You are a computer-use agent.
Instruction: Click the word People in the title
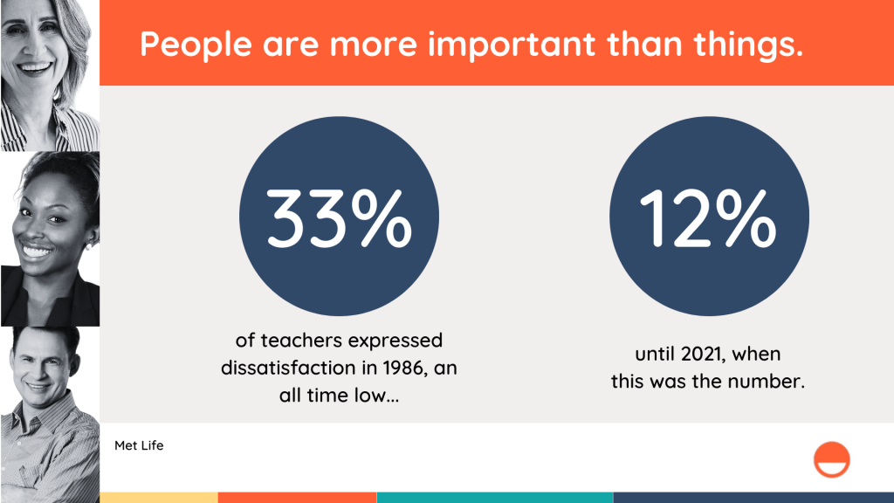pyautogui.click(x=196, y=45)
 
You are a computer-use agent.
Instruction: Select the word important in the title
pyautogui.click(x=512, y=44)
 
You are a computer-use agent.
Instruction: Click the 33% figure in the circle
pyautogui.click(x=339, y=218)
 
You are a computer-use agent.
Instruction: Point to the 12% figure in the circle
pyautogui.click(x=707, y=218)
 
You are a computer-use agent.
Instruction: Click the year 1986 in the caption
pyautogui.click(x=402, y=368)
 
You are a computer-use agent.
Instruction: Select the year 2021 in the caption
pyautogui.click(x=702, y=355)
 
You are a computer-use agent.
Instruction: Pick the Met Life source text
pyautogui.click(x=139, y=445)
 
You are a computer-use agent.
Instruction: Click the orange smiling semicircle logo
pyautogui.click(x=831, y=459)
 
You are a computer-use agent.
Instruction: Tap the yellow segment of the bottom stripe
pyautogui.click(x=159, y=498)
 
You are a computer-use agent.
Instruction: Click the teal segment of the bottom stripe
pyautogui.click(x=495, y=498)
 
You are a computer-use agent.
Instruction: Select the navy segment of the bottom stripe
pyautogui.click(x=753, y=498)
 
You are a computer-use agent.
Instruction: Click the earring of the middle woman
pyautogui.click(x=88, y=246)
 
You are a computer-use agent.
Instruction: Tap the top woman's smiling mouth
pyautogui.click(x=35, y=68)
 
